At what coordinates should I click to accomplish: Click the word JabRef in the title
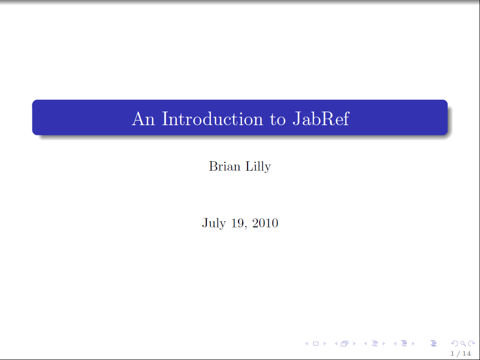[x=321, y=119]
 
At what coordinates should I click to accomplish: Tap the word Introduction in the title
[x=212, y=119]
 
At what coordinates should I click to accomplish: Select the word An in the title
[x=143, y=119]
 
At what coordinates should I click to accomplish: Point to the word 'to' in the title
[x=277, y=120]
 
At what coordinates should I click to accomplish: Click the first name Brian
[x=225, y=166]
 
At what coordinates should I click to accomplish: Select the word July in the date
[x=214, y=223]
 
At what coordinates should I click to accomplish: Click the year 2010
[x=265, y=223]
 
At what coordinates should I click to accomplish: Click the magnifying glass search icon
[x=463, y=344]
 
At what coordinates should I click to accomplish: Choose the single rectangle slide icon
[x=315, y=344]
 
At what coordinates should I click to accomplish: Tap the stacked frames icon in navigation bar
[x=345, y=344]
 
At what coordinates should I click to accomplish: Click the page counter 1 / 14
[x=461, y=353]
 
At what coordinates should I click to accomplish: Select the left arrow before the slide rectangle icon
[x=307, y=344]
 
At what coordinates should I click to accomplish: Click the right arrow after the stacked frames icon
[x=354, y=344]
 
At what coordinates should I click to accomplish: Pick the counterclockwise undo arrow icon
[x=455, y=344]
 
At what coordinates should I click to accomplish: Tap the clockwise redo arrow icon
[x=472, y=344]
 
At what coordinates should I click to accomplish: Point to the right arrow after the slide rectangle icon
[x=325, y=344]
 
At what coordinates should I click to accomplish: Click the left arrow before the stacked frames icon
[x=336, y=344]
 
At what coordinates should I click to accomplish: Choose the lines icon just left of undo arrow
[x=434, y=344]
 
